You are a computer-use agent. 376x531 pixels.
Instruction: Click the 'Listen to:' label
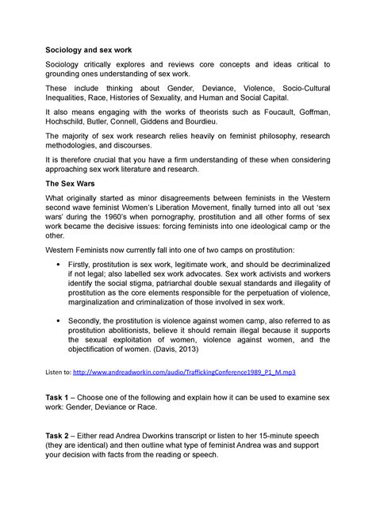point(61,371)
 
